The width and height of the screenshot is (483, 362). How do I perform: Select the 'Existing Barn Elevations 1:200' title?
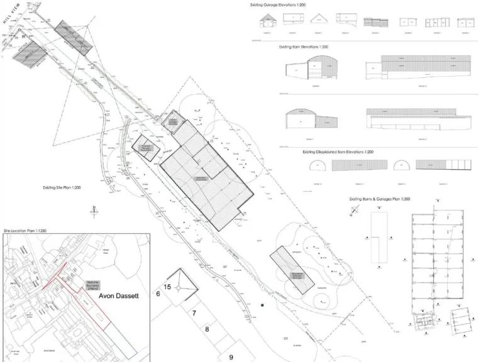303,47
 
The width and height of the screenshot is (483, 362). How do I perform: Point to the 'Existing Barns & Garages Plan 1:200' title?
380,199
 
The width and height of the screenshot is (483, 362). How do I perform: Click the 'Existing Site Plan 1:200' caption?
62,187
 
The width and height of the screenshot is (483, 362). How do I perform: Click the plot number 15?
167,287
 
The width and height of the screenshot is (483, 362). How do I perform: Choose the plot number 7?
195,313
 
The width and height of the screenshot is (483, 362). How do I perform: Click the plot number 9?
231,357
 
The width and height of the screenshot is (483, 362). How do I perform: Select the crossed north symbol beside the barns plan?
352,212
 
